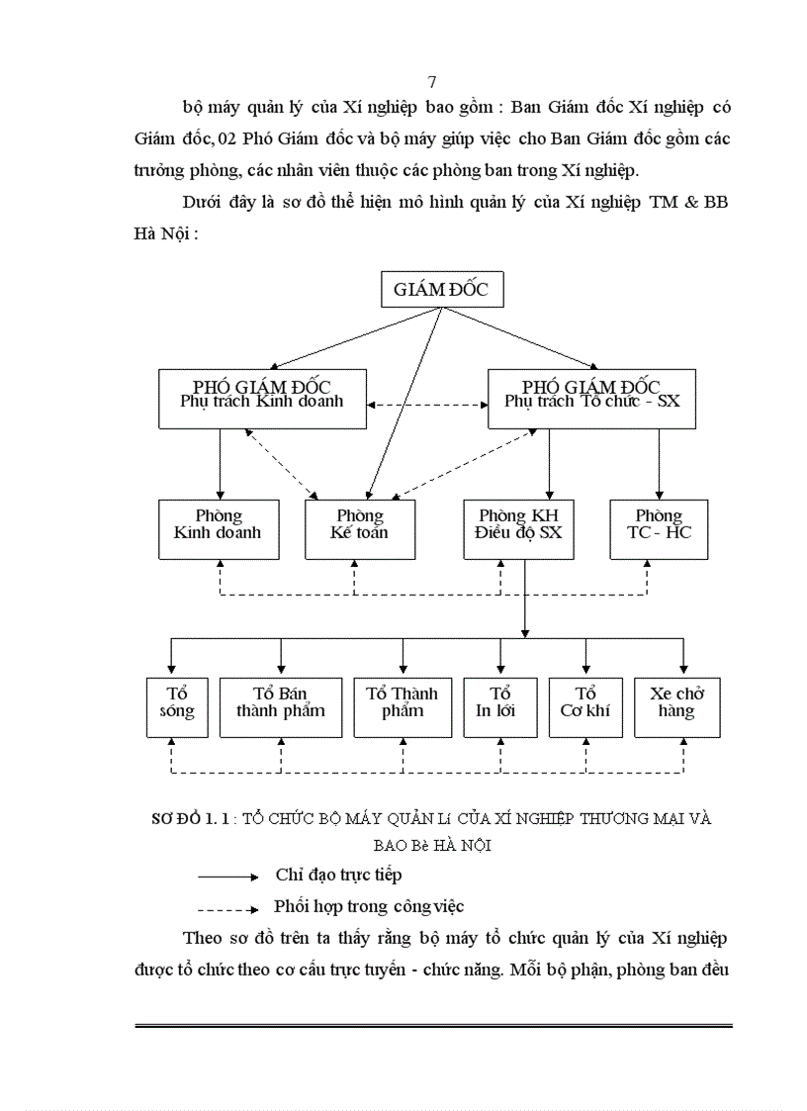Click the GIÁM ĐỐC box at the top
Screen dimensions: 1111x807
[441, 291]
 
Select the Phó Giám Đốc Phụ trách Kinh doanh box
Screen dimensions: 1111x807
[262, 399]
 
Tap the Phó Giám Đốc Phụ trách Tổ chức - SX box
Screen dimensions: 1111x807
[592, 399]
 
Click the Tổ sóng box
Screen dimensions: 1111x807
[178, 707]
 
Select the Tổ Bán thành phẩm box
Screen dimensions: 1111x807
[280, 707]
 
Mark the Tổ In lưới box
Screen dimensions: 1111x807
[500, 707]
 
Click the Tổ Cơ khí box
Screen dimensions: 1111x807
[585, 707]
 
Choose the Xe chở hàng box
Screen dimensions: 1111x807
[677, 707]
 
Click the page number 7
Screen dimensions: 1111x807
[432, 82]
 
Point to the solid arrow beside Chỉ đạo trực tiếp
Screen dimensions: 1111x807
[227, 877]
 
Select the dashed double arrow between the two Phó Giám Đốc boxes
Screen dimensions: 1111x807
[427, 405]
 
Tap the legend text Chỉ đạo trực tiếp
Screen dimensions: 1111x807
[338, 876]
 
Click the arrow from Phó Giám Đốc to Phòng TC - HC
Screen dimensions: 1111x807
[659, 465]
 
